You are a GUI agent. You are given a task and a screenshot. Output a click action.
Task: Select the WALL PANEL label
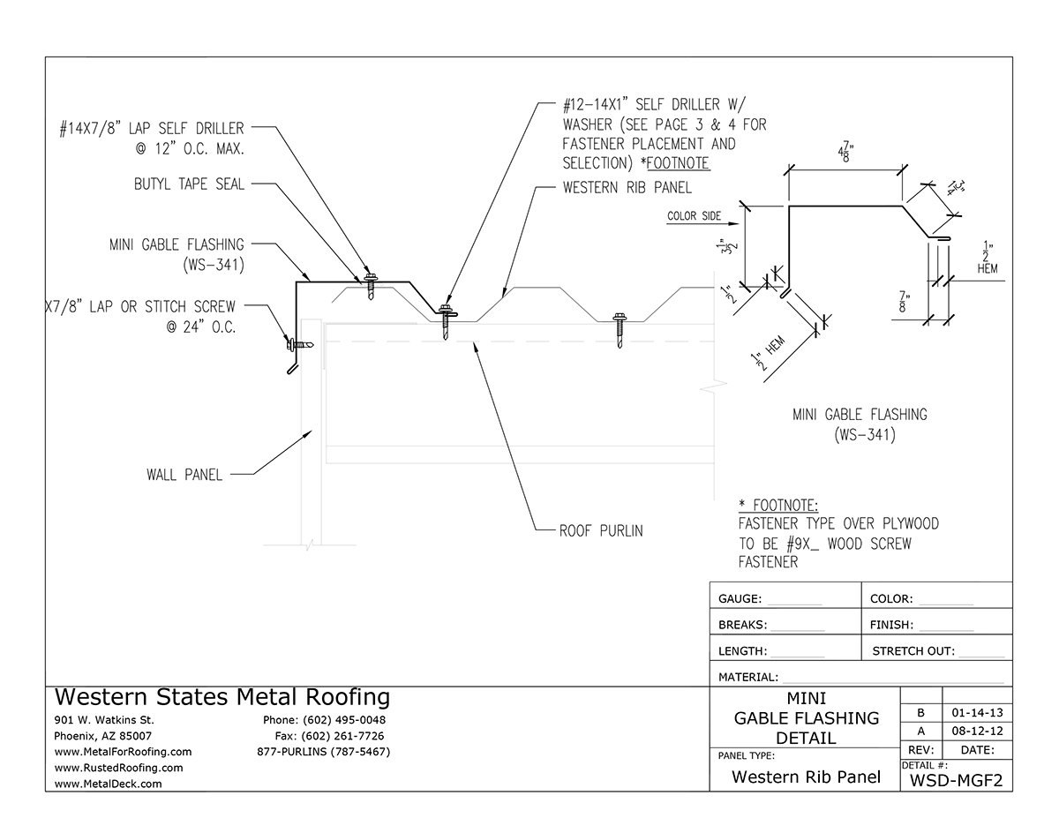[x=184, y=475]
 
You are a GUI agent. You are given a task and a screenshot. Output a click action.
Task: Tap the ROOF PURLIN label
[x=601, y=531]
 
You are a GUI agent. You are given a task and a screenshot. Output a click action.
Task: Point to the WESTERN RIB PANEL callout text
[x=627, y=188]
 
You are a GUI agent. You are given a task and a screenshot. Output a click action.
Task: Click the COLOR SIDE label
[x=693, y=215]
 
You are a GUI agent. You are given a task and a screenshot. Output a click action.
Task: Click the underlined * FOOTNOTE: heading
[x=779, y=506]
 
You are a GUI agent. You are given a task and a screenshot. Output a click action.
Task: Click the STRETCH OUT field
[x=913, y=651]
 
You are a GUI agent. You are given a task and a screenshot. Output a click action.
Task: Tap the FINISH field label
[x=891, y=625]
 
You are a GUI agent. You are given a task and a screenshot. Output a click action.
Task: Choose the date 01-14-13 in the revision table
[x=977, y=712]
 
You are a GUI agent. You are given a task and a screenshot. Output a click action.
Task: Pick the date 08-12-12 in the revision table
[x=977, y=732]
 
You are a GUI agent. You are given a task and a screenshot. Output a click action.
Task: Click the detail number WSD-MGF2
[x=957, y=779]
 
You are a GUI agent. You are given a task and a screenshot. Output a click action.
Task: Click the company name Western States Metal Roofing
[x=222, y=697]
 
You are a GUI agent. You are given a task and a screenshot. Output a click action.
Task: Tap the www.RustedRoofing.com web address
[x=118, y=768]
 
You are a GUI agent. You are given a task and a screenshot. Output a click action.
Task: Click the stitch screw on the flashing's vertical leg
[x=297, y=342]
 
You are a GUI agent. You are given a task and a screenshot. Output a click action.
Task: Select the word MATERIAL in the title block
[x=747, y=677]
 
